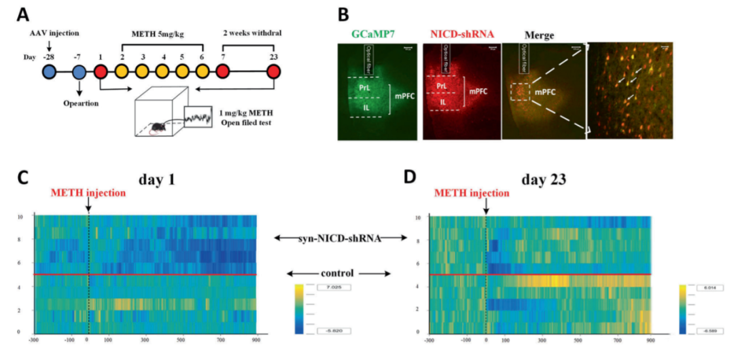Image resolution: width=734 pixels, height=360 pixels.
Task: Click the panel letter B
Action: point(344,16)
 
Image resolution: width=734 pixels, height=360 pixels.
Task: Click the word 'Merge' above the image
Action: point(540,35)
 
